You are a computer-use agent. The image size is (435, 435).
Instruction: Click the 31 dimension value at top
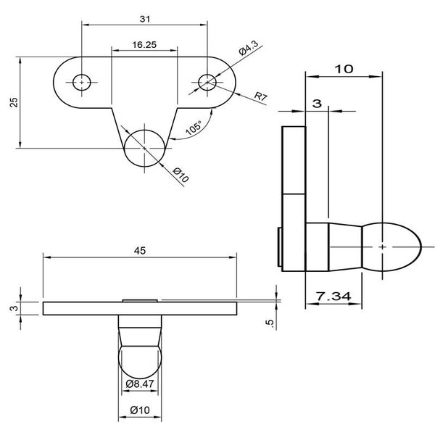click(x=145, y=19)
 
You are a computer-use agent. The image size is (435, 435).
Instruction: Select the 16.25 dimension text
click(x=144, y=45)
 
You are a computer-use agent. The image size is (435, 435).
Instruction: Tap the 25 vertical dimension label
click(x=14, y=102)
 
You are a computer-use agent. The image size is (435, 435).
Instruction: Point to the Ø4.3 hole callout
click(x=248, y=48)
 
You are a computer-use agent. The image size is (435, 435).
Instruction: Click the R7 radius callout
click(x=261, y=96)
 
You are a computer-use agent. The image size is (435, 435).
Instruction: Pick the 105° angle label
click(x=194, y=128)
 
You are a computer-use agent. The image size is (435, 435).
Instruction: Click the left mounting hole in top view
click(x=81, y=83)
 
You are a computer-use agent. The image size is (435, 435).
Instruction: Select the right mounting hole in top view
click(x=207, y=83)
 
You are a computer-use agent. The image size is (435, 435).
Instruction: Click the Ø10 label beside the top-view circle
click(x=181, y=175)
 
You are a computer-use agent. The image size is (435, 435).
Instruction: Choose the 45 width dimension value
click(x=140, y=251)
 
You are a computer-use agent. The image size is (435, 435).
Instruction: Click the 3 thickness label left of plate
click(x=15, y=308)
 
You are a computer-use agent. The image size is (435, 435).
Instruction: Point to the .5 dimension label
click(x=270, y=324)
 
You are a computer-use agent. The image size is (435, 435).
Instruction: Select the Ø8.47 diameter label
click(x=140, y=384)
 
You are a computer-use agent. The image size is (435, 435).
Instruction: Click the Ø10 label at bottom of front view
click(x=140, y=410)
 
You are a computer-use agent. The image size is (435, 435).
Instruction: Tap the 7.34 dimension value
click(x=333, y=297)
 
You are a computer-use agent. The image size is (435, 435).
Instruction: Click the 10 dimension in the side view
click(x=344, y=69)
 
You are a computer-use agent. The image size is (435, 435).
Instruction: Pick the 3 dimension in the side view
click(x=317, y=104)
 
